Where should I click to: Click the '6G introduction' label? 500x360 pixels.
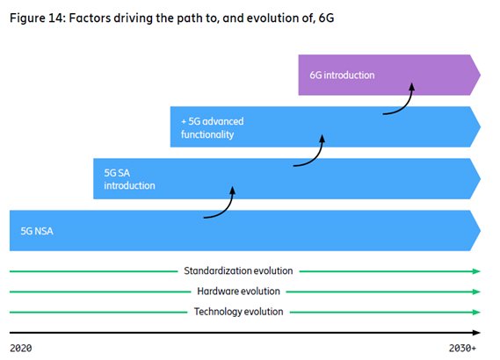(x=342, y=76)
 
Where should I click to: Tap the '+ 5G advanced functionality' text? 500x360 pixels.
(x=213, y=127)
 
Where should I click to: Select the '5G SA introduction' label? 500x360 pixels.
(x=129, y=179)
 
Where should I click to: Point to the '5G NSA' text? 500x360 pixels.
(x=37, y=231)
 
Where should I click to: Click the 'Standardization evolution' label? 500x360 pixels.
(x=238, y=270)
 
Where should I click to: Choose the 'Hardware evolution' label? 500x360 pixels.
(x=238, y=292)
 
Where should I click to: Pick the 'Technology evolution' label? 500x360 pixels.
(x=238, y=312)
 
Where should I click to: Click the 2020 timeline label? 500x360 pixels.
(x=21, y=348)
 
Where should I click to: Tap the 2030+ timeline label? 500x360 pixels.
(x=463, y=348)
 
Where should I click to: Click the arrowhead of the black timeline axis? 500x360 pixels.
(x=477, y=333)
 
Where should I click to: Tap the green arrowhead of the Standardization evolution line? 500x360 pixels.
(x=477, y=271)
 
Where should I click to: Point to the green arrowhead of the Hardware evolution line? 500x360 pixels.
(x=477, y=292)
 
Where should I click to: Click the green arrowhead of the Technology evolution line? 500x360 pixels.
(x=477, y=313)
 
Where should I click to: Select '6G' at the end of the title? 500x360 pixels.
(x=326, y=18)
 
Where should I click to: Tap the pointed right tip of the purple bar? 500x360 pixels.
(x=481, y=75)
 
